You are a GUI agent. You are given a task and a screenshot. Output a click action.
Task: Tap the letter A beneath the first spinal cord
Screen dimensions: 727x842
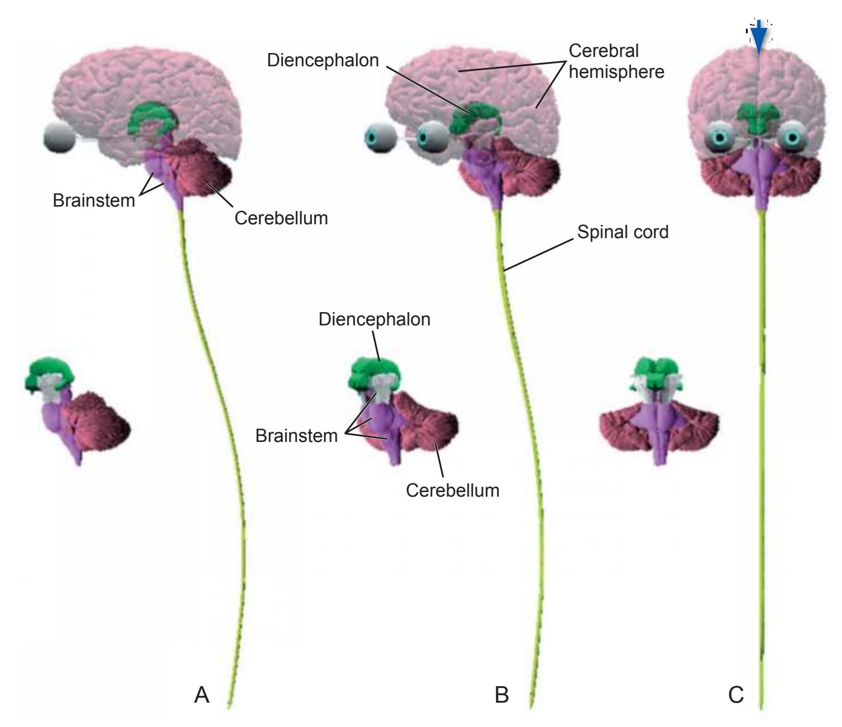[202, 694]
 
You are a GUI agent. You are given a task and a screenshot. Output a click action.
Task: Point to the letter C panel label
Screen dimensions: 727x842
[736, 694]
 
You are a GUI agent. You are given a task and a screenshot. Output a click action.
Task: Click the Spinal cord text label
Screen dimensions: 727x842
[622, 232]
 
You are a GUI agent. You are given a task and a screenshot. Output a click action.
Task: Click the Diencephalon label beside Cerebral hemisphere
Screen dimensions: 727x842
[322, 60]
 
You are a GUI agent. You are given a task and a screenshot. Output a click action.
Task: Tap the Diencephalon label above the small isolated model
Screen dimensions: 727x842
[374, 319]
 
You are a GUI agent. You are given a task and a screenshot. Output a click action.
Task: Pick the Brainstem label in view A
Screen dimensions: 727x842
[94, 200]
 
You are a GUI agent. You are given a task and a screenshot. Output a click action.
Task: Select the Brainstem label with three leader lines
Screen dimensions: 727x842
[296, 435]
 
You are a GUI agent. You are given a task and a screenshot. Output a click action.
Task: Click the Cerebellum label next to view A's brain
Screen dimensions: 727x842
[281, 218]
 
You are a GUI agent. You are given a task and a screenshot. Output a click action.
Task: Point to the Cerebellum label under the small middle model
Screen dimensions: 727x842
[452, 490]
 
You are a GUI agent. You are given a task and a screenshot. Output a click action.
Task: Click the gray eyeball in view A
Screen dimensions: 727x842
[59, 139]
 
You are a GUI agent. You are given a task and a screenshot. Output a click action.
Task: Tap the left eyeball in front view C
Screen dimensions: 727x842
[718, 137]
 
